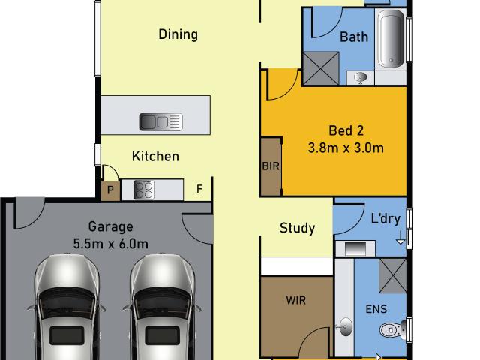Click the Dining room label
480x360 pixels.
pyautogui.click(x=178, y=34)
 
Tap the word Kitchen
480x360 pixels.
pyautogui.click(x=155, y=157)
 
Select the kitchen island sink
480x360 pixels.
pyautogui.click(x=161, y=121)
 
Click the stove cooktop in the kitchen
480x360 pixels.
pyautogui.click(x=144, y=190)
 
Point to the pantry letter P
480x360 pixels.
pyautogui.click(x=110, y=190)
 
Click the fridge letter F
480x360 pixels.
pyautogui.click(x=199, y=189)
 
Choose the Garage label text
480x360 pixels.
pyautogui.click(x=110, y=227)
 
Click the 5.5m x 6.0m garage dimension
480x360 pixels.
pyautogui.click(x=110, y=244)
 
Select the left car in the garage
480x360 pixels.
pyautogui.click(x=67, y=307)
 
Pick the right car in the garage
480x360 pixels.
pyautogui.click(x=162, y=307)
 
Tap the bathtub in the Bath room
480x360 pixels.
pyautogui.click(x=391, y=39)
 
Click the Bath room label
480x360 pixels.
pyautogui.click(x=354, y=37)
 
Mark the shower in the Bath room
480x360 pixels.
pyautogui.click(x=320, y=68)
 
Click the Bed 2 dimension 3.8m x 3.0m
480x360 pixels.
pyautogui.click(x=346, y=148)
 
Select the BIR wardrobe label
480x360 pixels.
pyautogui.click(x=271, y=166)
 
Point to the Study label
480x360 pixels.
pyautogui.click(x=297, y=228)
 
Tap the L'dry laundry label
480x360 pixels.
pyautogui.click(x=385, y=219)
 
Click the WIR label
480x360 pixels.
pyautogui.click(x=296, y=300)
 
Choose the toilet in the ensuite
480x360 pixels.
pyautogui.click(x=393, y=330)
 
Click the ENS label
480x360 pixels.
pyautogui.click(x=376, y=309)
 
